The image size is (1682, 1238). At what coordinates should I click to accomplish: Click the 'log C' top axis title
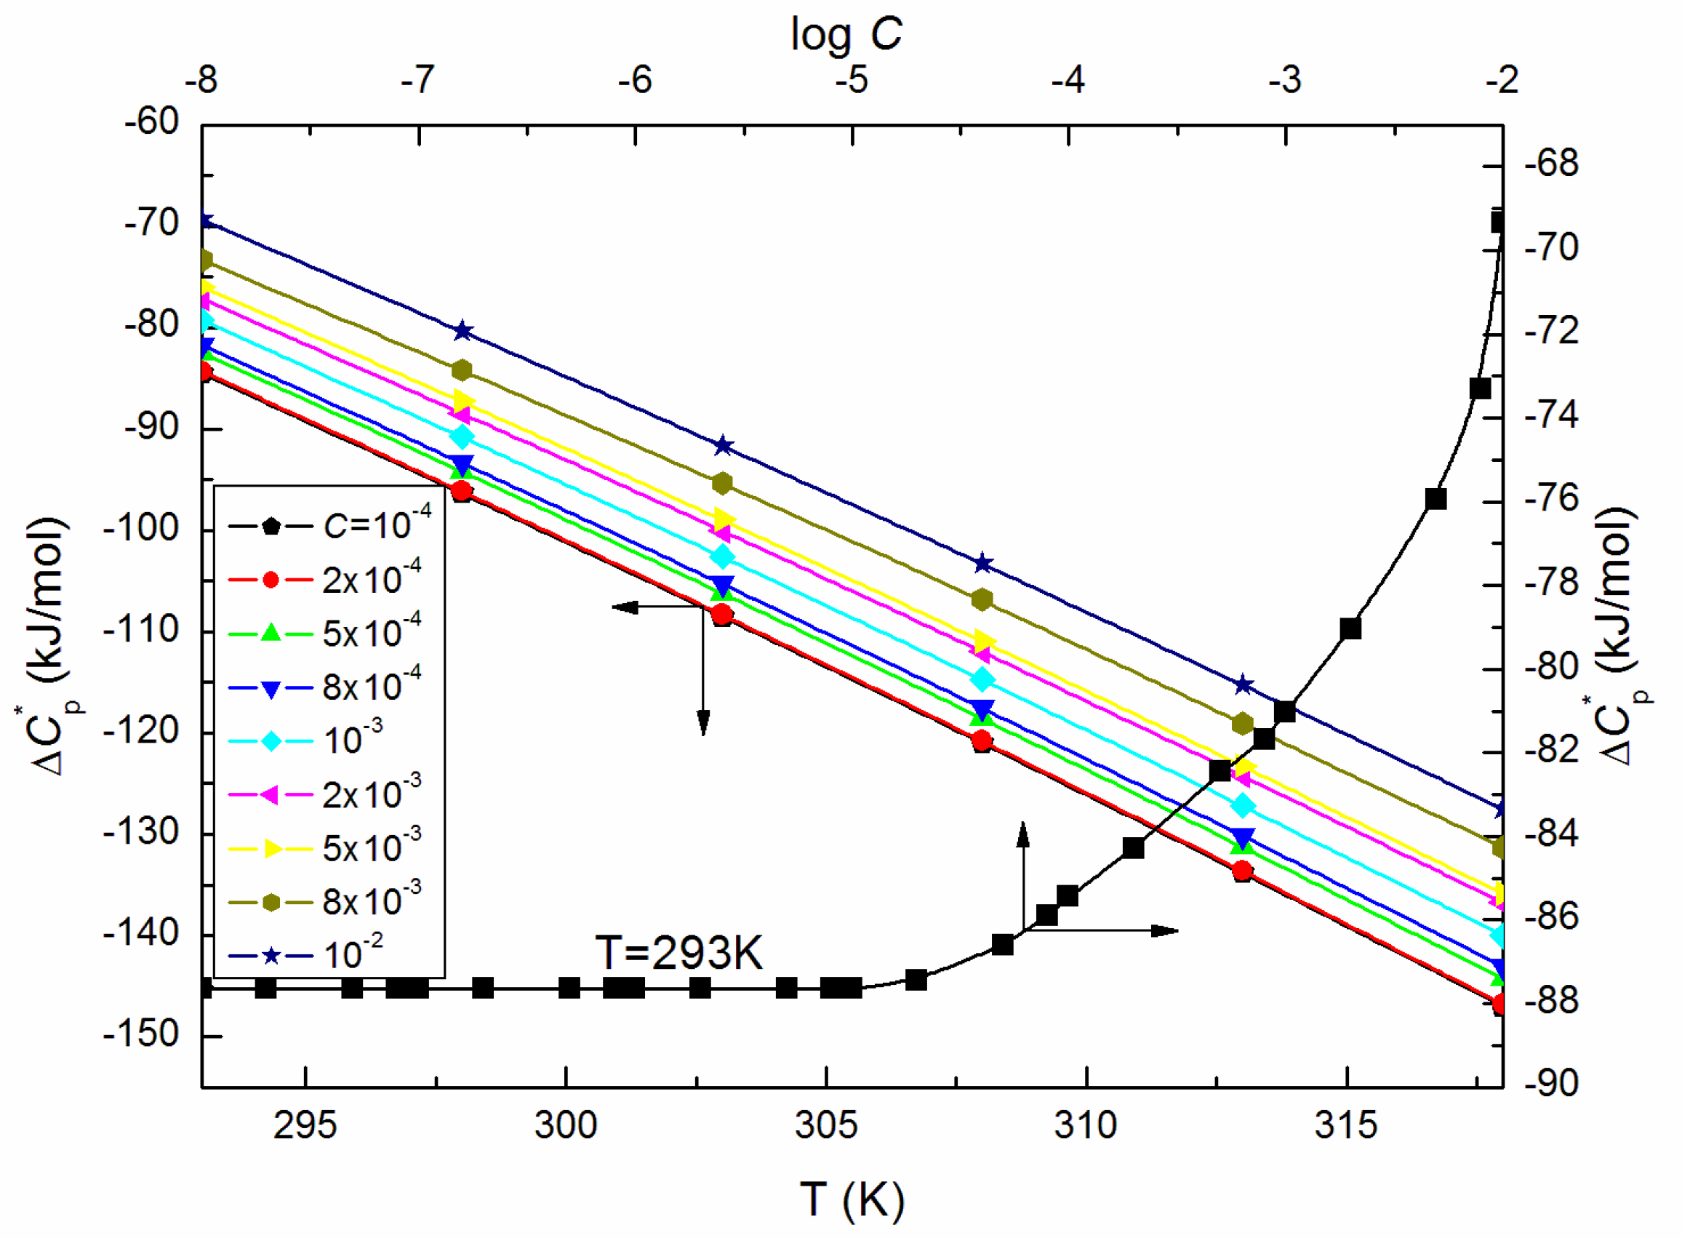(x=846, y=34)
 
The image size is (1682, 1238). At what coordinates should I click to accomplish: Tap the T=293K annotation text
(x=678, y=953)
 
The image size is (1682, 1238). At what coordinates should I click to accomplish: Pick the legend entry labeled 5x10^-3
(x=329, y=847)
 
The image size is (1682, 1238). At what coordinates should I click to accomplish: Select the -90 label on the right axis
(x=1552, y=1083)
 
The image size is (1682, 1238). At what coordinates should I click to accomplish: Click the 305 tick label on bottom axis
(x=825, y=1125)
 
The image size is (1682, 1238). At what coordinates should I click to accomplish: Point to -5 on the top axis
(x=851, y=79)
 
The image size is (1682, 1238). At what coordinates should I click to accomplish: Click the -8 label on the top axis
(x=201, y=79)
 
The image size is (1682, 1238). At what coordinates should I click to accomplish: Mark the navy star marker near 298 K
(x=462, y=330)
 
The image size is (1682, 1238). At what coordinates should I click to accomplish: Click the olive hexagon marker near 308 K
(x=982, y=599)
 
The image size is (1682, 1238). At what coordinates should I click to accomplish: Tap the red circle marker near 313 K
(x=1242, y=871)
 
